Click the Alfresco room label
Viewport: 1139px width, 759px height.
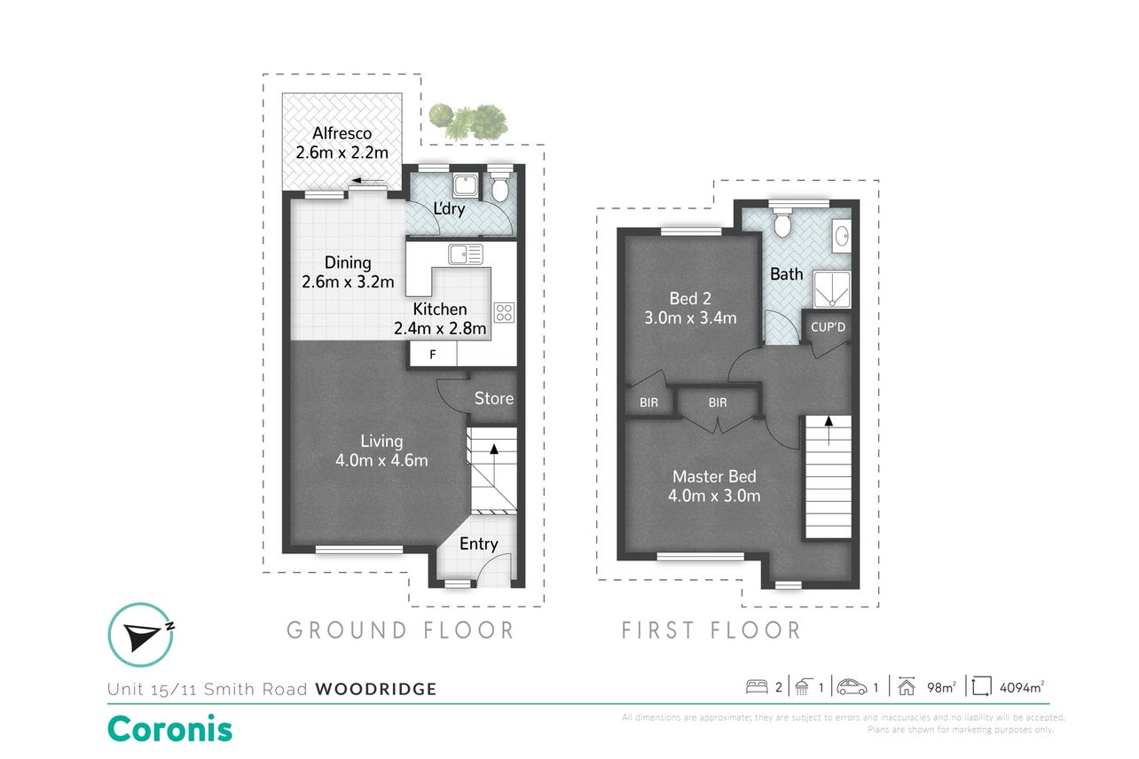pyautogui.click(x=342, y=133)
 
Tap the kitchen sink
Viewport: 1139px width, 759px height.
pyautogui.click(x=465, y=254)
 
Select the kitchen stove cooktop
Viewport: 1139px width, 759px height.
pyautogui.click(x=504, y=313)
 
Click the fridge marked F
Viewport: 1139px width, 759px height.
pyautogui.click(x=433, y=355)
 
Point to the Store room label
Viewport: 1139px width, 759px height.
pyautogui.click(x=494, y=398)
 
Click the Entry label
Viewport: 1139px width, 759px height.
pyautogui.click(x=478, y=544)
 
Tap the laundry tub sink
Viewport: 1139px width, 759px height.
pyautogui.click(x=465, y=185)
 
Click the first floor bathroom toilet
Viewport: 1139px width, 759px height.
pyautogui.click(x=782, y=223)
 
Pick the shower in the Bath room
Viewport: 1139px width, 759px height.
pyautogui.click(x=831, y=289)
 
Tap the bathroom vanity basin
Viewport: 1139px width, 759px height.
pyautogui.click(x=842, y=236)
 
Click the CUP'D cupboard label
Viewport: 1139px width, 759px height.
pyautogui.click(x=828, y=327)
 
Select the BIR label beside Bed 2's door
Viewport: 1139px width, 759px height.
pyautogui.click(x=648, y=403)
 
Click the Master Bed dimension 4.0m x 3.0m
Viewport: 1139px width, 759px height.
pyautogui.click(x=714, y=496)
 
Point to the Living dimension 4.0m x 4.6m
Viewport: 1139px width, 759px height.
pyautogui.click(x=381, y=460)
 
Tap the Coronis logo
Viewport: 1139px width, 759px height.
pyautogui.click(x=169, y=729)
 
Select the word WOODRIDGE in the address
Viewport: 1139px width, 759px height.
pyautogui.click(x=376, y=689)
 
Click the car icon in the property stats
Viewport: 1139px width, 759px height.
pyautogui.click(x=852, y=687)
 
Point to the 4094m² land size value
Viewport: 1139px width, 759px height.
pyautogui.click(x=1022, y=687)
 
